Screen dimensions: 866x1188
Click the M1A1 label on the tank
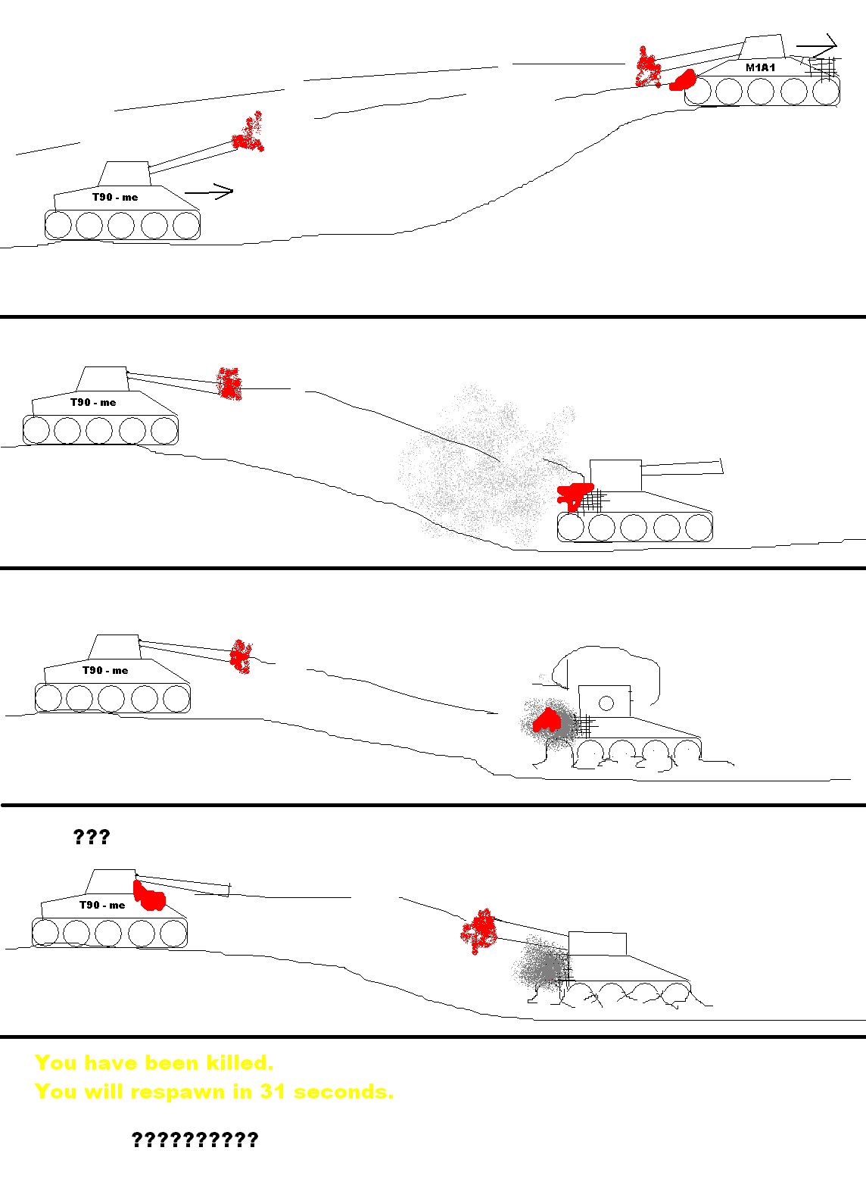tap(760, 67)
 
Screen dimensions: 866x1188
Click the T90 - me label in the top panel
tap(115, 198)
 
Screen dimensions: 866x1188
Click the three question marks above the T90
tap(91, 837)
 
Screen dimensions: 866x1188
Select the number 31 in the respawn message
tap(272, 1092)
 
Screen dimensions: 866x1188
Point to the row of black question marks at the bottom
tap(195, 1140)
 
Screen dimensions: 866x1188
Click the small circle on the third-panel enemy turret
tap(606, 703)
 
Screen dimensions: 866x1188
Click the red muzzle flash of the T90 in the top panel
tap(248, 133)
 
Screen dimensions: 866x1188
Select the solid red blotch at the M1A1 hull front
tap(683, 80)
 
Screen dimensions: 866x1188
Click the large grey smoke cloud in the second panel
tap(483, 466)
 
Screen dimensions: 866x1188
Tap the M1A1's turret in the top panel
tap(762, 47)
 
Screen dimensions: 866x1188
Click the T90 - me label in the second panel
tap(93, 403)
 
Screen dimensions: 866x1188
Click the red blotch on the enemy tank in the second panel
tap(574, 497)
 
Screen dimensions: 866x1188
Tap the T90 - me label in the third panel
tap(105, 670)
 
